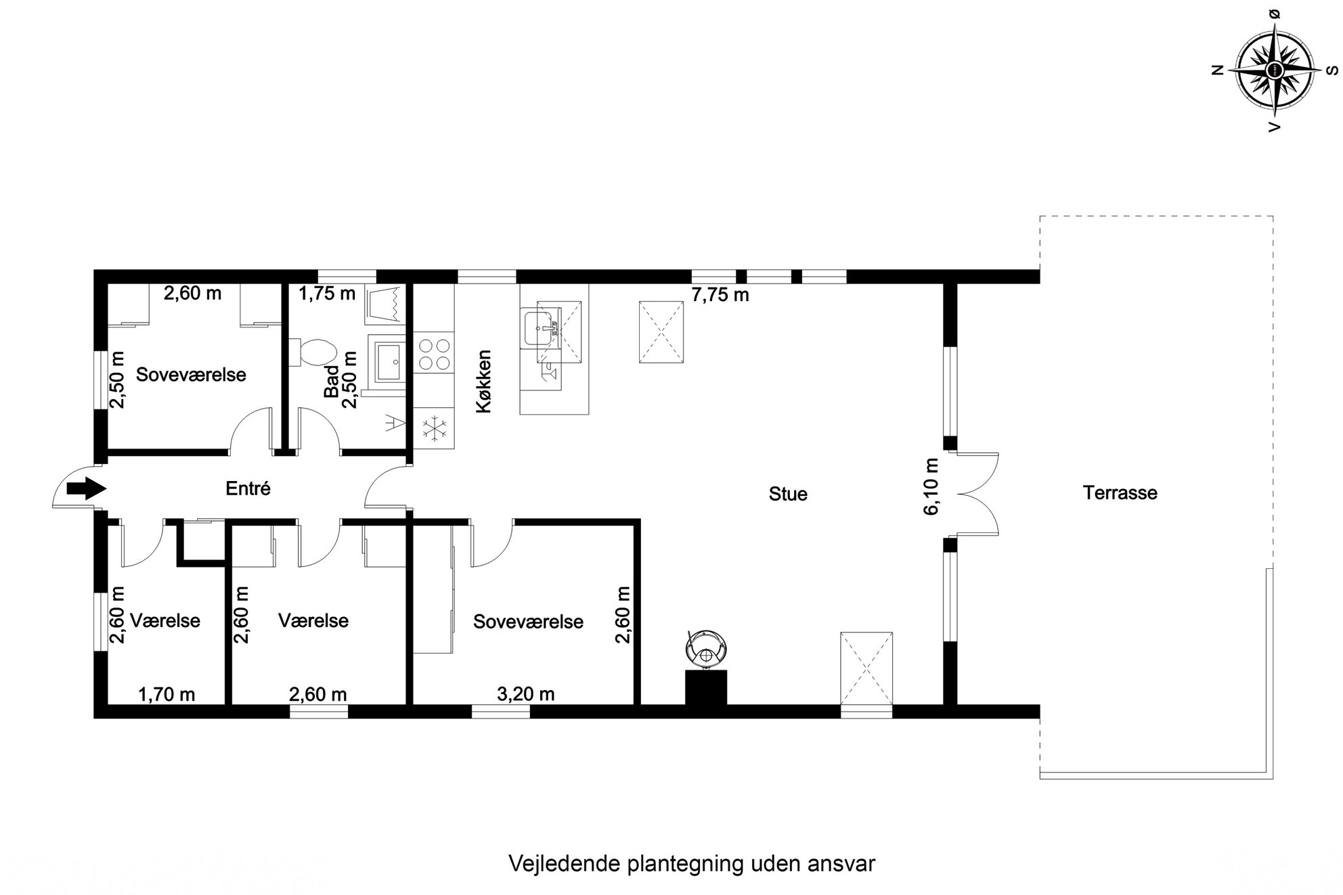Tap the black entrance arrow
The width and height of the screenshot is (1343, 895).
point(87,488)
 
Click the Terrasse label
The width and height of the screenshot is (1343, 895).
point(1120,492)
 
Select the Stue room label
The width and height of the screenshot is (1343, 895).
point(788,494)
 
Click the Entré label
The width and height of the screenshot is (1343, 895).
point(248,488)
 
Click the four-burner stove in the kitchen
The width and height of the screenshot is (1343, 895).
point(434,353)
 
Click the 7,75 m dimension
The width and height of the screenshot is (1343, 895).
point(720,295)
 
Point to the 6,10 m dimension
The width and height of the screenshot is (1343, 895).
point(932,486)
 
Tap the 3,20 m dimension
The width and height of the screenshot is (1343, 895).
point(526,694)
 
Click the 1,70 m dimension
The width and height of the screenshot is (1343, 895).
point(167,694)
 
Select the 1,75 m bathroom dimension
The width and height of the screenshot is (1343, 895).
point(327,294)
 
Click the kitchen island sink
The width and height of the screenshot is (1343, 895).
point(541,327)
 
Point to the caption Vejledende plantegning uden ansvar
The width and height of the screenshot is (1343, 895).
point(691,864)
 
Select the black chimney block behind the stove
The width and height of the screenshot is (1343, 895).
point(706,687)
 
